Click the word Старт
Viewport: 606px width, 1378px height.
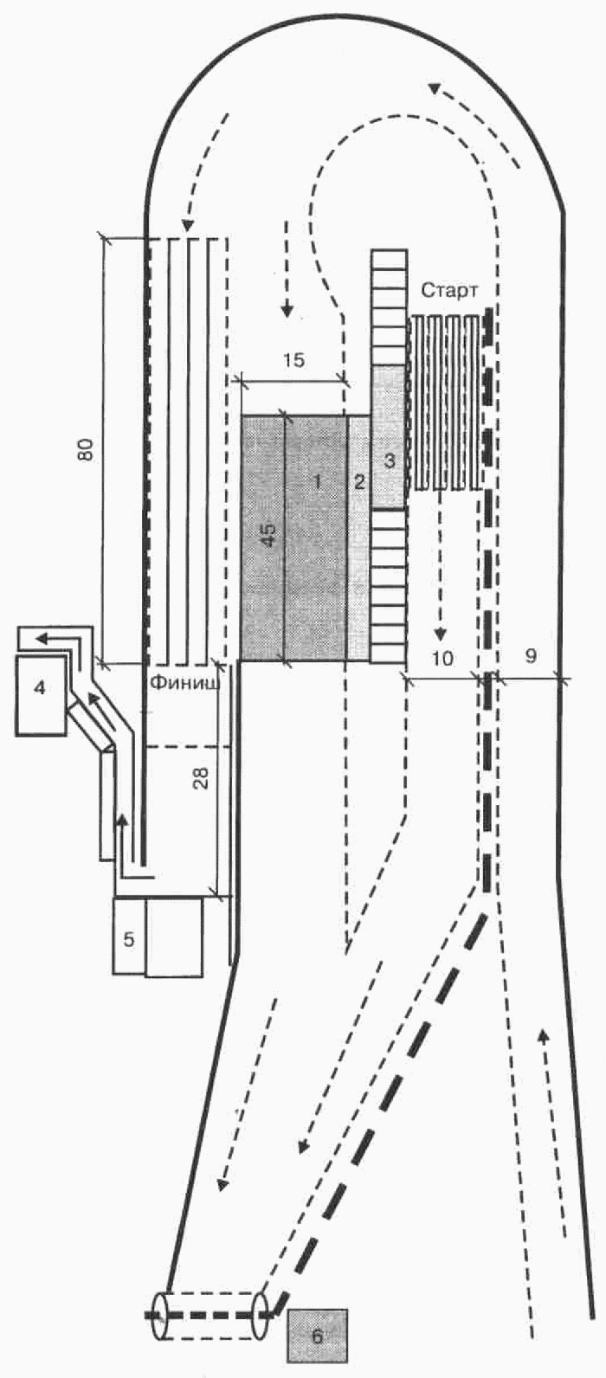coord(449,291)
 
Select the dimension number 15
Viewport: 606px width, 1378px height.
coord(294,359)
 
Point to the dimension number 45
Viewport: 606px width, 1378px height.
coord(268,536)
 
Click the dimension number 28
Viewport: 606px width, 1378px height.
coord(203,777)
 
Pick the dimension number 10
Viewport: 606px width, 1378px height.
coord(442,659)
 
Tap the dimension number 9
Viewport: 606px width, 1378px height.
coord(531,656)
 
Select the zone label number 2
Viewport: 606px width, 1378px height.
coord(359,482)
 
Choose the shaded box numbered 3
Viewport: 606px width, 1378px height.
coord(389,437)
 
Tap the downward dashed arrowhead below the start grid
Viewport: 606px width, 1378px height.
coord(439,634)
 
